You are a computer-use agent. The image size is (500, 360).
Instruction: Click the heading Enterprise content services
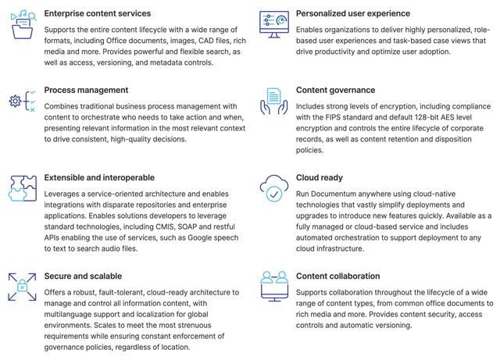click(x=97, y=13)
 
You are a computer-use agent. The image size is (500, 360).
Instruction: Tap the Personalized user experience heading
click(x=352, y=13)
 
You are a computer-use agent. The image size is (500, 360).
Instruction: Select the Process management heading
click(x=86, y=90)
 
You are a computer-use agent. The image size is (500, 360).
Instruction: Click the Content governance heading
click(x=335, y=90)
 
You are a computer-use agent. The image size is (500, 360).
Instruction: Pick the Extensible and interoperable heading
click(x=99, y=177)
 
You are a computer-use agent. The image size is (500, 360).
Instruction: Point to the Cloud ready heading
click(x=320, y=177)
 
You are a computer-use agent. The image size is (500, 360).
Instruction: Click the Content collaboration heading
click(x=337, y=276)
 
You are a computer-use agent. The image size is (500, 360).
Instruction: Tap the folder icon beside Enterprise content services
click(x=23, y=25)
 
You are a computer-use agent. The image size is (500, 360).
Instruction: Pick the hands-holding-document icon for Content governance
click(x=273, y=102)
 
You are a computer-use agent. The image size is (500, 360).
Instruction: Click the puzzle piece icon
click(x=23, y=189)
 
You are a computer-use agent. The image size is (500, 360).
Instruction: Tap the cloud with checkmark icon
click(x=273, y=189)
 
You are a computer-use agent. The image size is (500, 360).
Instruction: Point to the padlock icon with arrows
click(x=23, y=287)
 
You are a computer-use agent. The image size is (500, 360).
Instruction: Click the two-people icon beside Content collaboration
click(x=273, y=286)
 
